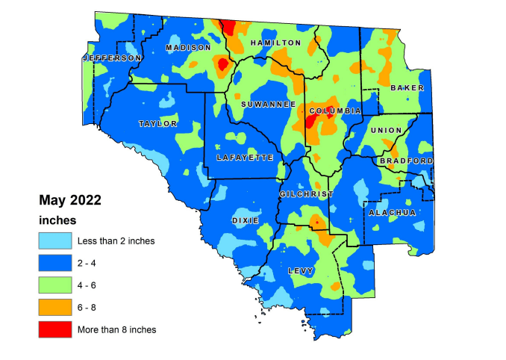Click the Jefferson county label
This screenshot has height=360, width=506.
[112, 58]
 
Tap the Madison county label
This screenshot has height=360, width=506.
[188, 47]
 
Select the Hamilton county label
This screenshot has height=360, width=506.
[275, 43]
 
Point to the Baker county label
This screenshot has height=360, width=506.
[407, 88]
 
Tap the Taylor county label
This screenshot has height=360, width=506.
[157, 124]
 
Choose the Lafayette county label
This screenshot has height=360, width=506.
[240, 158]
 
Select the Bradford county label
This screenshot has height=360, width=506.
[406, 161]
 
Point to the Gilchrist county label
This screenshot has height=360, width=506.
[302, 194]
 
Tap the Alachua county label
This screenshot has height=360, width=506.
[392, 213]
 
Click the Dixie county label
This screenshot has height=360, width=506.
[246, 221]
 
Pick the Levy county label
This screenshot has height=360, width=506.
[301, 271]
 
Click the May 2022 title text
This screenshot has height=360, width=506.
[70, 201]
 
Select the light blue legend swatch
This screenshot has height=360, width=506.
[55, 240]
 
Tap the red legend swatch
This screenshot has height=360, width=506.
[55, 329]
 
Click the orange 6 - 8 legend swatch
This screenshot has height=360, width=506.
[55, 307]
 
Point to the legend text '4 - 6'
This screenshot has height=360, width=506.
[88, 285]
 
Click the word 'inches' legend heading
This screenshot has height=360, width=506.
[58, 220]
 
